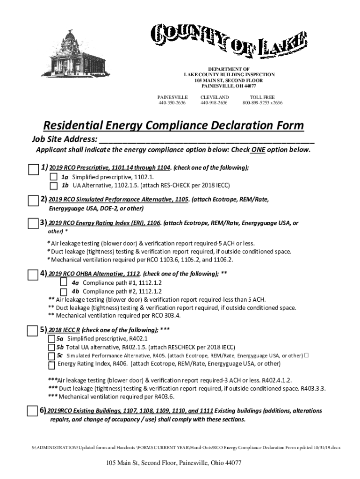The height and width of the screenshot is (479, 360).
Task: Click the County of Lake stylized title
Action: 229,40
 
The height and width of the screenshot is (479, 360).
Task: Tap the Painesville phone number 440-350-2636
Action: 173,103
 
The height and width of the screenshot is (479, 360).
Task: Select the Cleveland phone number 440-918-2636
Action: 214,103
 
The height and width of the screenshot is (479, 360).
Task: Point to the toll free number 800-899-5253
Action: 262,103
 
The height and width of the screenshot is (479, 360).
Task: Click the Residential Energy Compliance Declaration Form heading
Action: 173,126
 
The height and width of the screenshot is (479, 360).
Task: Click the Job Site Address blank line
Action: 206,139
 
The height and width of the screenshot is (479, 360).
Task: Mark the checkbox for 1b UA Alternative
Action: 54,185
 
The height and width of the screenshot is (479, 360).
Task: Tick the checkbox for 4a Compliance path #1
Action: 64,283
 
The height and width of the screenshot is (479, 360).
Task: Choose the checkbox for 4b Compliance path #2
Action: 64,291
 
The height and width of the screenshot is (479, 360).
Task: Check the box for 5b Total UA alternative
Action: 51,348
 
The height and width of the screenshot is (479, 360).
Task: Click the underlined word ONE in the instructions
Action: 257,150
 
